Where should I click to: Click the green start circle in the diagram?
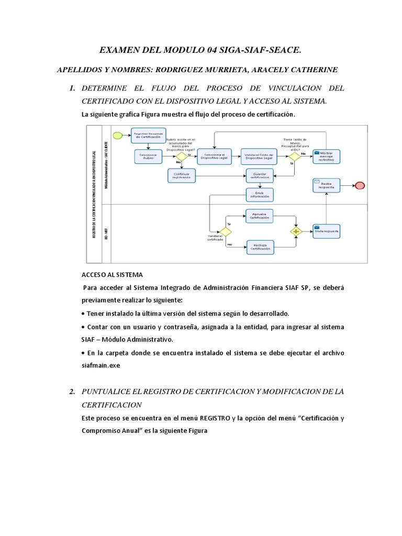click(118, 136)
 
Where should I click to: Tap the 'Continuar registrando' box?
click(182, 175)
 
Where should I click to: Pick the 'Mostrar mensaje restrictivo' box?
click(326, 156)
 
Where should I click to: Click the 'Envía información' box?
click(260, 195)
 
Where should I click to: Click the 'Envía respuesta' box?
click(326, 230)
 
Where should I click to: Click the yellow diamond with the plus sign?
click(296, 231)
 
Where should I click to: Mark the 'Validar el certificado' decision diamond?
click(225, 231)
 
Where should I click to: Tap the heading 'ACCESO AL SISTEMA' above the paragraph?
click(112, 274)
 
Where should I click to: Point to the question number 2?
click(73, 392)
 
